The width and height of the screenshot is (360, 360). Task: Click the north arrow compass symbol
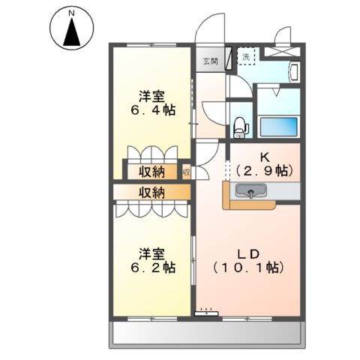(x=71, y=28)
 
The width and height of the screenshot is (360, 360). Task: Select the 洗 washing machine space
(x=247, y=57)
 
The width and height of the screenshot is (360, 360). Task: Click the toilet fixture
(x=240, y=127)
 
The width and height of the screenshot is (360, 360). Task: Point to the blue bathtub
(x=278, y=127)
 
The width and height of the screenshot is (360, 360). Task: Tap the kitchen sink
(x=250, y=194)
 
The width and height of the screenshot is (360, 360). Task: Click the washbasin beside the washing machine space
(x=293, y=73)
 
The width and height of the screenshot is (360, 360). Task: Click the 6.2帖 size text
(x=151, y=268)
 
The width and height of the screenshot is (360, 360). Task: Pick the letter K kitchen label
(x=264, y=157)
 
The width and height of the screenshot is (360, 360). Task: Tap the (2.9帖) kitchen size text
(x=264, y=171)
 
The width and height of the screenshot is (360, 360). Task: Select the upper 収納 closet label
(x=151, y=172)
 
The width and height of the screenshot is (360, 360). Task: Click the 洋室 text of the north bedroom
(x=151, y=96)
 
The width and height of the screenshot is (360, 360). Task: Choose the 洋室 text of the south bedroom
(x=151, y=253)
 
